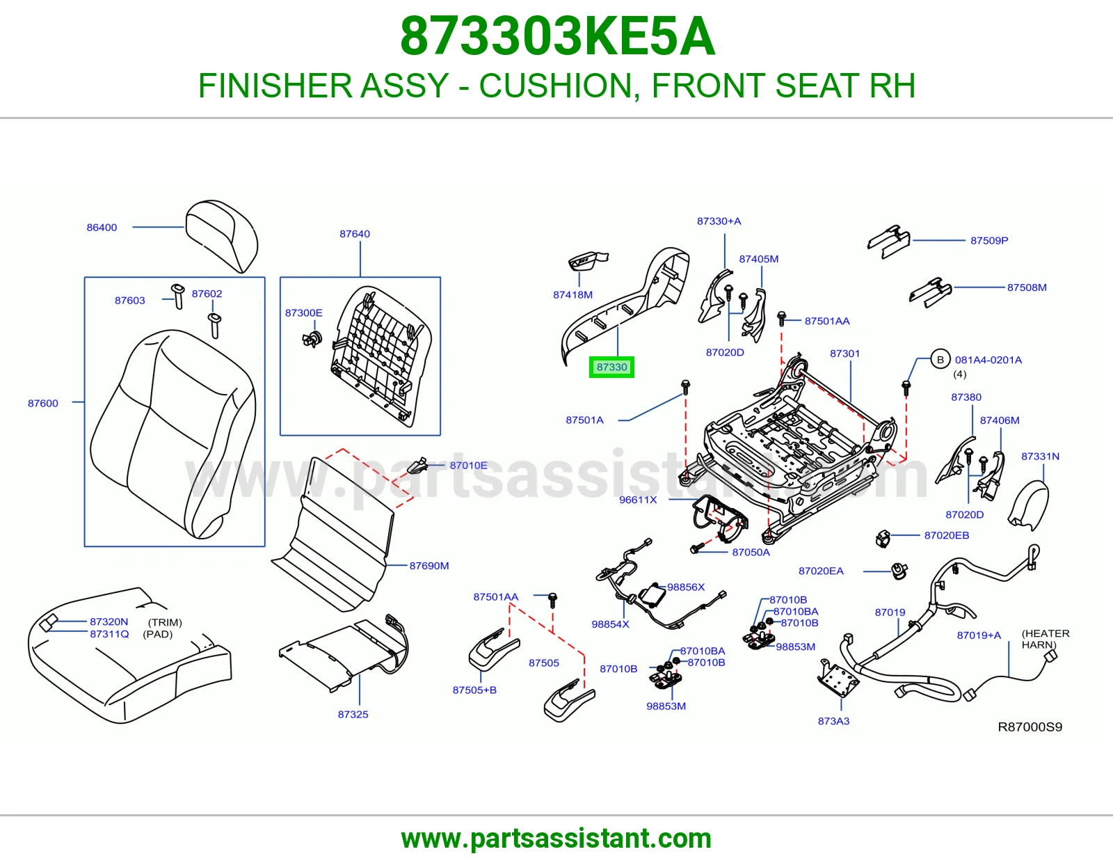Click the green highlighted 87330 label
(611, 367)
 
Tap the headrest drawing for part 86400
(221, 235)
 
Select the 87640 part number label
(355, 234)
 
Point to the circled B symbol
(940, 360)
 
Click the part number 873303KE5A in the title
(557, 36)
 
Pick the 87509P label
(989, 240)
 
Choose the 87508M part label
(1027, 287)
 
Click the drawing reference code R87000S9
(1030, 727)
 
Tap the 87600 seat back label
(43, 404)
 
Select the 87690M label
(429, 566)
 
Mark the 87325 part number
(353, 714)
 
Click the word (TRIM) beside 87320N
(165, 623)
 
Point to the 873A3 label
(833, 721)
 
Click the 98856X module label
(686, 587)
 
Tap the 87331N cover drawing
(1029, 505)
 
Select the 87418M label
(572, 294)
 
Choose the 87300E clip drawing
(312, 339)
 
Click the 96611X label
(638, 500)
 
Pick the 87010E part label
(468, 466)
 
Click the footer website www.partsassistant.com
(556, 839)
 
